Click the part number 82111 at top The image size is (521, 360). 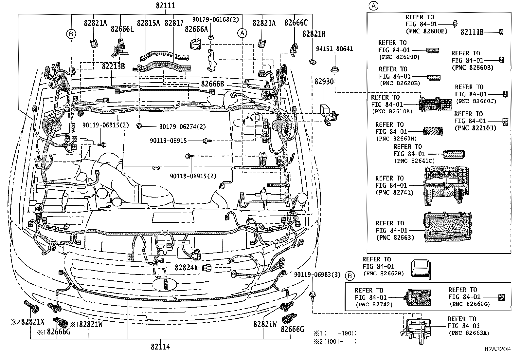165,6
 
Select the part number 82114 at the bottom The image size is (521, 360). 160,347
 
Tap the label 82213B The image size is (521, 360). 113,66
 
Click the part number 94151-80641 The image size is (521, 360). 334,49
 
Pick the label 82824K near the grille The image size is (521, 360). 186,268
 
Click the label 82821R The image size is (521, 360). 314,34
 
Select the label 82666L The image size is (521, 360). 122,29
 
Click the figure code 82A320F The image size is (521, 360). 498,349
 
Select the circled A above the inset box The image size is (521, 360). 373,6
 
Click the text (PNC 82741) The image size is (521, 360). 394,193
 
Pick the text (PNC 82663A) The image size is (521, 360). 469,333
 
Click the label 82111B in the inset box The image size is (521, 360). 472,32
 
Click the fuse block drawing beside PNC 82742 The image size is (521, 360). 418,297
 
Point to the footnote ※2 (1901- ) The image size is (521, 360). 334,341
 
